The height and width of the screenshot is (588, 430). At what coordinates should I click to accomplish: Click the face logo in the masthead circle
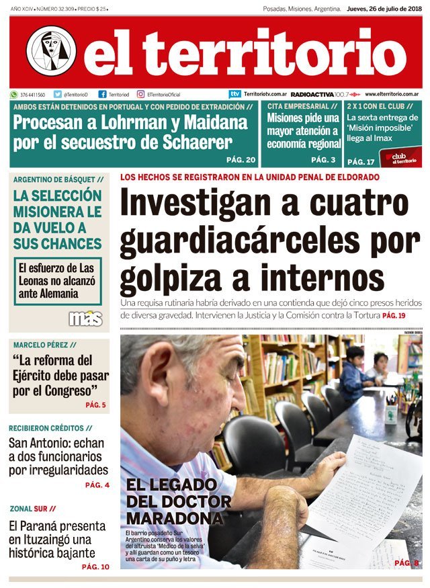51,51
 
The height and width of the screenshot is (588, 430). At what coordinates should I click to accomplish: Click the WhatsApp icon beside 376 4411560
14,95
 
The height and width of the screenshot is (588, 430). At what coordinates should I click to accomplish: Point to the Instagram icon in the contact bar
140,95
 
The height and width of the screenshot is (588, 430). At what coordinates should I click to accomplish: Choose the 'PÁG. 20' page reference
241,160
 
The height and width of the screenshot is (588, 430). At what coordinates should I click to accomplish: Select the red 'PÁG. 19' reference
394,316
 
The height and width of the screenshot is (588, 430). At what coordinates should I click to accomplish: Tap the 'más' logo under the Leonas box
85,318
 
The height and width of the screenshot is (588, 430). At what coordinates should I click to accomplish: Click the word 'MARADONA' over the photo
174,519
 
